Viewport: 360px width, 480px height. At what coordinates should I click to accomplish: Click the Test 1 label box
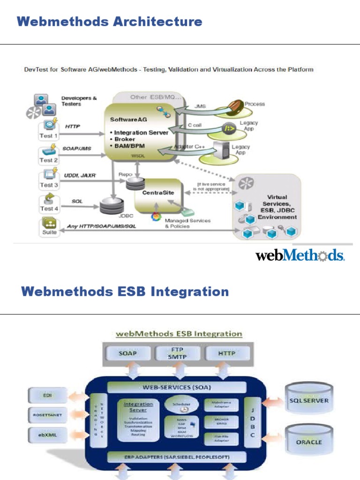49,135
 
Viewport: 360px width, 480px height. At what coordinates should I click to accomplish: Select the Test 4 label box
49,208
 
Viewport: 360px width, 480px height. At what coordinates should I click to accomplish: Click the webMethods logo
300,255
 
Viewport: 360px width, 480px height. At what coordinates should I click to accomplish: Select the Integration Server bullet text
141,133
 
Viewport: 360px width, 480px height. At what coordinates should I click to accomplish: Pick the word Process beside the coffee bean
255,104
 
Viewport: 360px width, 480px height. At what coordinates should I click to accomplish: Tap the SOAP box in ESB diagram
128,353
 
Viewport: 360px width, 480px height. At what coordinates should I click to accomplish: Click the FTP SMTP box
177,353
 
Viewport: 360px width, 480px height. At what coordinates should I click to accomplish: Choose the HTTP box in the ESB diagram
226,353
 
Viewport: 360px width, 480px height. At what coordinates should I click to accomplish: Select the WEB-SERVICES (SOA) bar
177,387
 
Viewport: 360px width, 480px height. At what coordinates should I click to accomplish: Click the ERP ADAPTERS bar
177,457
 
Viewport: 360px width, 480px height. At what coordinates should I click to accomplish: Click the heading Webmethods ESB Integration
125,292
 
